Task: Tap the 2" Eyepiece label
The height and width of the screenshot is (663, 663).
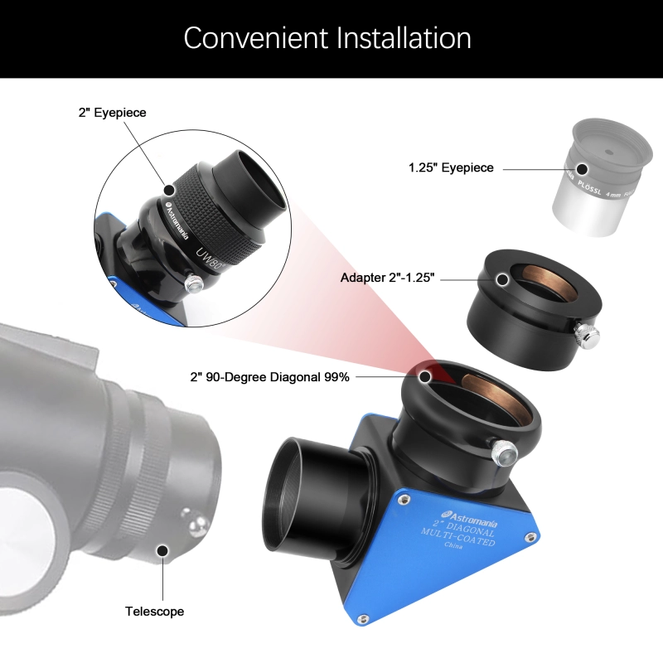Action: click(112, 113)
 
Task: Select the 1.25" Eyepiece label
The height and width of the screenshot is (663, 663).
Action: click(451, 168)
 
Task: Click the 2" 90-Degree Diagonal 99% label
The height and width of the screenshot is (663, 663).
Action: click(270, 377)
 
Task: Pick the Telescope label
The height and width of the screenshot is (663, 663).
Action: click(154, 612)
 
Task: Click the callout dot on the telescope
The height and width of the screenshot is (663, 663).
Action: click(162, 549)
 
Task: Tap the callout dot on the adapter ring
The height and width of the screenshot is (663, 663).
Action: click(502, 278)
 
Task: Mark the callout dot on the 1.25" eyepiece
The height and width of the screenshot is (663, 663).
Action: click(583, 168)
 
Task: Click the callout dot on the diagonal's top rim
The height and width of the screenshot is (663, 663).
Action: click(425, 377)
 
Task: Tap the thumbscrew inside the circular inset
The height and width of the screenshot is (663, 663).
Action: click(193, 284)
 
